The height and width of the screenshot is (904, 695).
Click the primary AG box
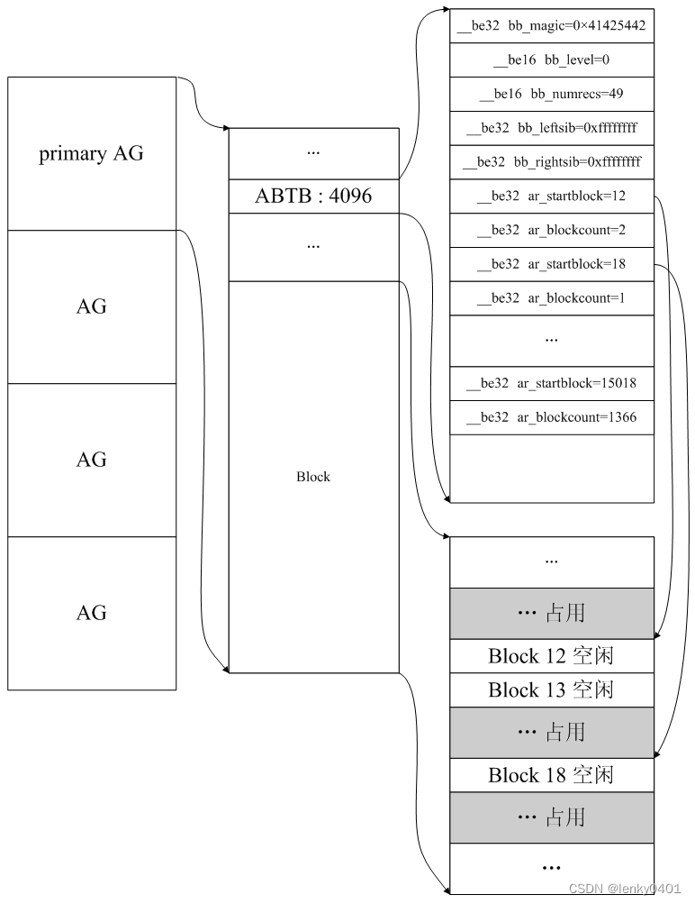point(91,153)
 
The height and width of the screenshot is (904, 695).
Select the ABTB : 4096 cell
point(313,196)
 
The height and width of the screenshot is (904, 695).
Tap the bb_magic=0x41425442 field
point(551,25)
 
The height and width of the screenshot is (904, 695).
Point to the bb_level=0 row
point(551,59)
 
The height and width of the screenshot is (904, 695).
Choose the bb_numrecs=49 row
point(551,94)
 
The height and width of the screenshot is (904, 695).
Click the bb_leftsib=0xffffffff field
point(551,128)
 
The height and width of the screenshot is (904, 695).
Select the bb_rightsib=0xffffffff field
point(551,162)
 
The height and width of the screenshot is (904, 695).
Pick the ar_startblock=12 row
point(551,196)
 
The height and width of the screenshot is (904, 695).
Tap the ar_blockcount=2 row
point(551,230)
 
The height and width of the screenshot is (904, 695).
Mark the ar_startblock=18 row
point(551,264)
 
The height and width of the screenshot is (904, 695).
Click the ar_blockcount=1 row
point(551,298)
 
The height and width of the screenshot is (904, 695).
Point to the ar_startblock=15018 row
point(551,383)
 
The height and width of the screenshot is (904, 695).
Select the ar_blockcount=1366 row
point(551,417)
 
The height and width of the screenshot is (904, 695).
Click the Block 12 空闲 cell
point(551,656)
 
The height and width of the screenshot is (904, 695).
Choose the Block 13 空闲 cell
point(551,690)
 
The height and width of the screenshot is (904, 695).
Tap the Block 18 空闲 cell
point(551,775)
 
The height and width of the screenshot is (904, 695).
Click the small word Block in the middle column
point(313,477)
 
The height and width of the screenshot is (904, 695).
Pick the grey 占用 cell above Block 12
point(551,613)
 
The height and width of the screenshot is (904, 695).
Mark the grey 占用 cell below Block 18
point(551,817)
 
